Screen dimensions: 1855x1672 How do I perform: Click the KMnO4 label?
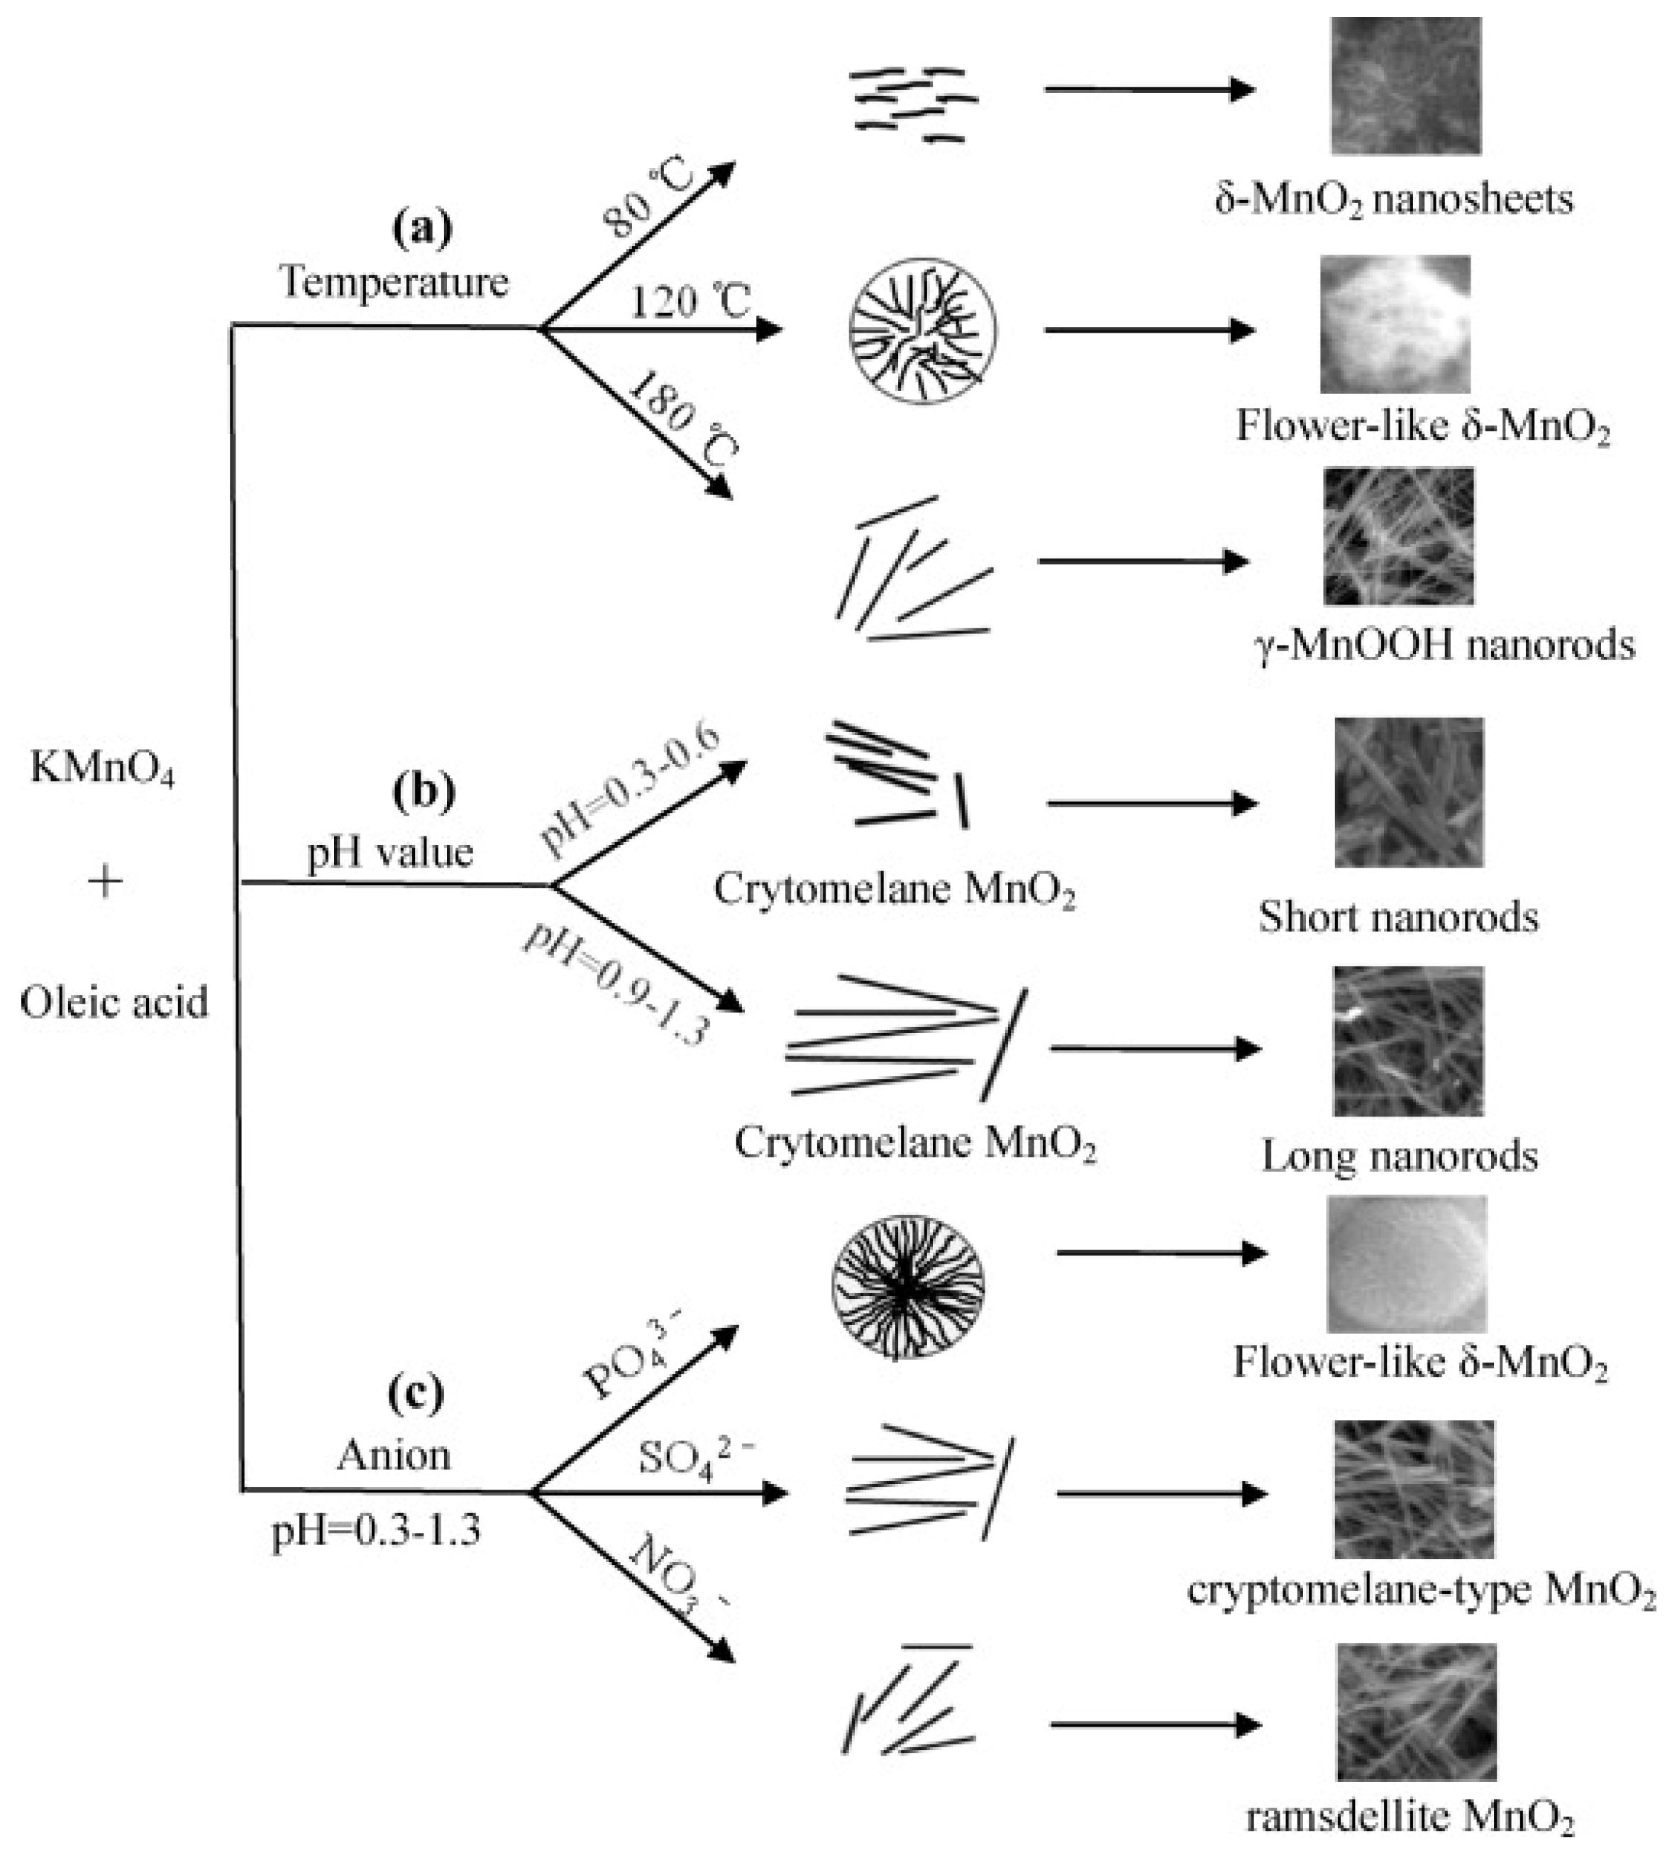click(x=102, y=768)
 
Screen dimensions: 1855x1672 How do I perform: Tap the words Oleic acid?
click(x=114, y=1002)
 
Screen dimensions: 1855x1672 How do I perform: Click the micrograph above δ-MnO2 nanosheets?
click(x=1405, y=85)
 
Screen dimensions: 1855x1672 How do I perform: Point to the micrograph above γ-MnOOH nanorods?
click(x=1398, y=536)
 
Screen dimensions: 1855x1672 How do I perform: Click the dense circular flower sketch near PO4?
click(x=908, y=1288)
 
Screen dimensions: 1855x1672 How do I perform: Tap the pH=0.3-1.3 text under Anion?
click(x=376, y=1532)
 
